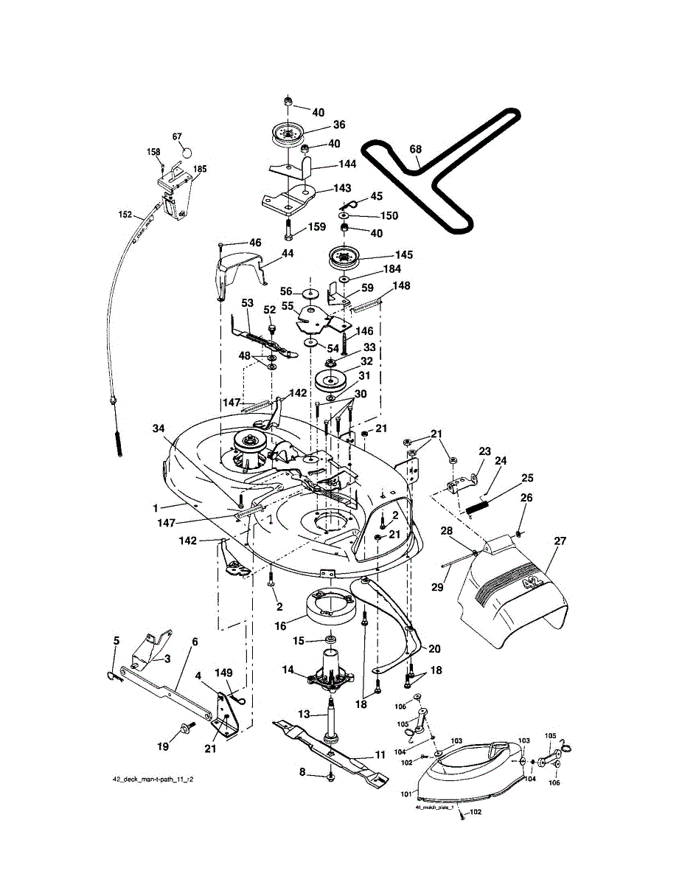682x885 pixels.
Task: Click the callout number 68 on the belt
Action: (x=416, y=150)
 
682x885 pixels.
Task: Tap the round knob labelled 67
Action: (x=186, y=151)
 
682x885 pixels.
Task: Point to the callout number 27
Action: (x=560, y=541)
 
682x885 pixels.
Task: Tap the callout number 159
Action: (x=316, y=227)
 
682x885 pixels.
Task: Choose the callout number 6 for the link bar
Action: (x=195, y=642)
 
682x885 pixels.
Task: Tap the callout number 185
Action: (x=200, y=169)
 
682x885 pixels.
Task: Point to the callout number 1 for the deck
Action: (x=156, y=507)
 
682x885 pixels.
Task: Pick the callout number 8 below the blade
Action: (x=302, y=772)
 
